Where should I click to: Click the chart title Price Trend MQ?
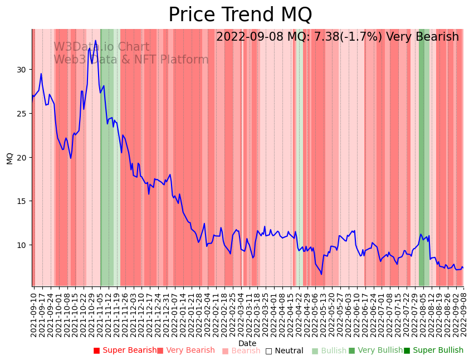240,15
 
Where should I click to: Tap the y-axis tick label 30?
21,70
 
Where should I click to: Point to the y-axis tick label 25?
21,114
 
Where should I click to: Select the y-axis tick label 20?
21,157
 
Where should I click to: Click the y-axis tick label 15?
21,201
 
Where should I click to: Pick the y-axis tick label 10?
21,245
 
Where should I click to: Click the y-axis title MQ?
9,158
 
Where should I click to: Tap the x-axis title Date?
247,343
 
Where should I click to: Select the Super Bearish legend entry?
125,351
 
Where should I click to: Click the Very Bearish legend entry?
185,351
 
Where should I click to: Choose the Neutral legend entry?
284,351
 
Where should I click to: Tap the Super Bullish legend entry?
433,351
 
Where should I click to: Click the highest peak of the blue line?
95,40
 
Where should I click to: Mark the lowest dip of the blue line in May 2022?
321,274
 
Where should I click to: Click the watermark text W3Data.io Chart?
101,47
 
